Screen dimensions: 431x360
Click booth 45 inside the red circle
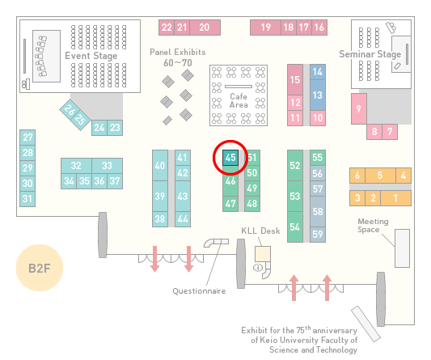coord(230,158)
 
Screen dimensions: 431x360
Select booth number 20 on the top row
coord(205,28)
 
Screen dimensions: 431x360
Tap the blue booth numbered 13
coord(318,95)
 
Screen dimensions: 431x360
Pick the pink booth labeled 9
coord(359,108)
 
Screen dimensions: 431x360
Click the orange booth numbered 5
coord(380,176)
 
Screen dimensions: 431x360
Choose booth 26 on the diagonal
coord(69,109)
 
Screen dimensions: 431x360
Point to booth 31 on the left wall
coord(27,199)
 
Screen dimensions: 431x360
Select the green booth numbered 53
coord(295,196)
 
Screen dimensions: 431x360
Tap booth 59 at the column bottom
coord(318,235)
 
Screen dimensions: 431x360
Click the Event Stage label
coord(91,56)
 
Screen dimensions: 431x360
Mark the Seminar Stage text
coord(370,54)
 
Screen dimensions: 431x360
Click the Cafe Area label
coord(239,100)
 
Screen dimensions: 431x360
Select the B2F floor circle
coord(40,268)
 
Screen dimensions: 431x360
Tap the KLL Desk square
coord(263,254)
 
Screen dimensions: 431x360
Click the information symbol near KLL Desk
coord(258,267)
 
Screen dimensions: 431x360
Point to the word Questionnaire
coord(199,291)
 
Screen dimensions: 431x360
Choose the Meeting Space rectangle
coord(402,248)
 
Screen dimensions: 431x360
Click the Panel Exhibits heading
coord(178,52)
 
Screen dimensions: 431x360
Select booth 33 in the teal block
coord(108,166)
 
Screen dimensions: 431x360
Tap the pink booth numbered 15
coord(295,80)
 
